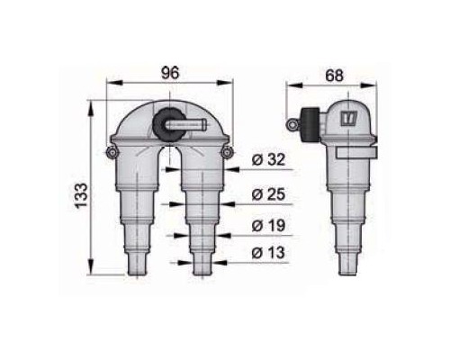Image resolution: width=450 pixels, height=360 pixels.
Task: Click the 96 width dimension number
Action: tap(170, 73)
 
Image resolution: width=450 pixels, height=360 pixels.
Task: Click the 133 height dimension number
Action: tap(81, 195)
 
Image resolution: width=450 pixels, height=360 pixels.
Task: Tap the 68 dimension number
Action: tap(334, 76)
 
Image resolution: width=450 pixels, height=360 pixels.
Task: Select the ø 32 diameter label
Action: tap(268, 159)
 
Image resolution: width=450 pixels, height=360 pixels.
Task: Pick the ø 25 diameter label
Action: tap(268, 194)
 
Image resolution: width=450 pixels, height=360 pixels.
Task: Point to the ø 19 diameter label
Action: tap(268, 226)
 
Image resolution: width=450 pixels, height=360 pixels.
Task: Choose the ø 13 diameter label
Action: tap(268, 253)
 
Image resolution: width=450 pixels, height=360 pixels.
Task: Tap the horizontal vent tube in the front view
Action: tap(186, 124)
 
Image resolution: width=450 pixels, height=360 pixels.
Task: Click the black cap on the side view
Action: tap(310, 125)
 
